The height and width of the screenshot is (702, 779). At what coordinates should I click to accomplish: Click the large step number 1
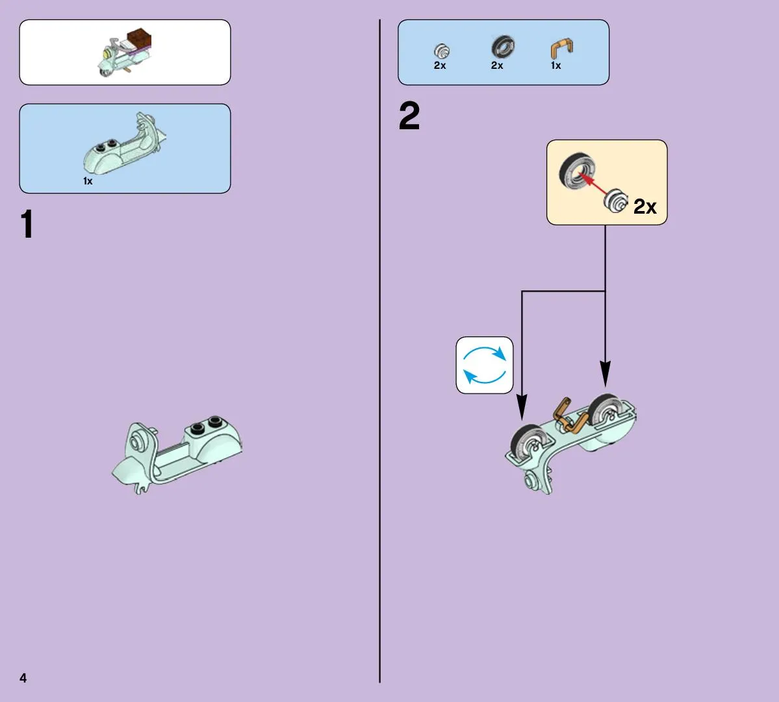click(27, 225)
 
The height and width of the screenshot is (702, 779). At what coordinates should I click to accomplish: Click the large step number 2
click(409, 116)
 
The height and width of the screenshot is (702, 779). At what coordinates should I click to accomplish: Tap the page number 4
click(23, 678)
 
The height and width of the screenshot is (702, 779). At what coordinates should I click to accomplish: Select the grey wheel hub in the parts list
click(442, 51)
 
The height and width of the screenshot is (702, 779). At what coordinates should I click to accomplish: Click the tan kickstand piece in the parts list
click(561, 49)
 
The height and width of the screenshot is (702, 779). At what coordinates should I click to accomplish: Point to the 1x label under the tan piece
click(556, 66)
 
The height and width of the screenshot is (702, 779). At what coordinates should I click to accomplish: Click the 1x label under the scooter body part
click(88, 181)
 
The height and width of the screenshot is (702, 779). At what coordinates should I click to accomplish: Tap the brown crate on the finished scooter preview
click(139, 40)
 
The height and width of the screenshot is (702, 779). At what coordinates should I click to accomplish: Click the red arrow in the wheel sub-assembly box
click(594, 184)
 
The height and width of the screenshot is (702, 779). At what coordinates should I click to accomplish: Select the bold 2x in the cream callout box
click(645, 207)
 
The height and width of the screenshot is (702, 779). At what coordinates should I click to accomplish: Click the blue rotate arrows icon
click(485, 365)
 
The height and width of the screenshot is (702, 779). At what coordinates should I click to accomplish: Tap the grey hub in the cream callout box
click(615, 201)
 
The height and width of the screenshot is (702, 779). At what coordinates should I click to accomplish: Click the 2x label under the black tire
click(497, 66)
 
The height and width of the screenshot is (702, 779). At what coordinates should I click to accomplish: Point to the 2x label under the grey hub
click(440, 66)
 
